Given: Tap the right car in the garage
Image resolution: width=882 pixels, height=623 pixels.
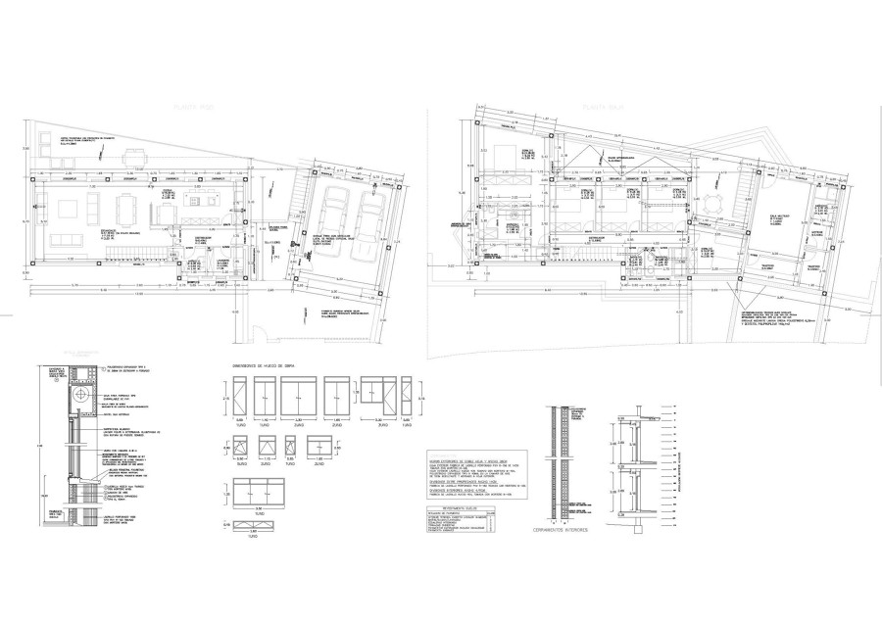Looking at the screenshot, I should [x=371, y=220].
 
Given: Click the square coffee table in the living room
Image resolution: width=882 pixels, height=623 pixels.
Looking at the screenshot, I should [x=69, y=209].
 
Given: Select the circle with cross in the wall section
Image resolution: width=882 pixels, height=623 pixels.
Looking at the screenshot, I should [x=81, y=395].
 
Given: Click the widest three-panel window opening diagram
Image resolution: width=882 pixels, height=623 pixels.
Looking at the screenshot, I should [x=259, y=492].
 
